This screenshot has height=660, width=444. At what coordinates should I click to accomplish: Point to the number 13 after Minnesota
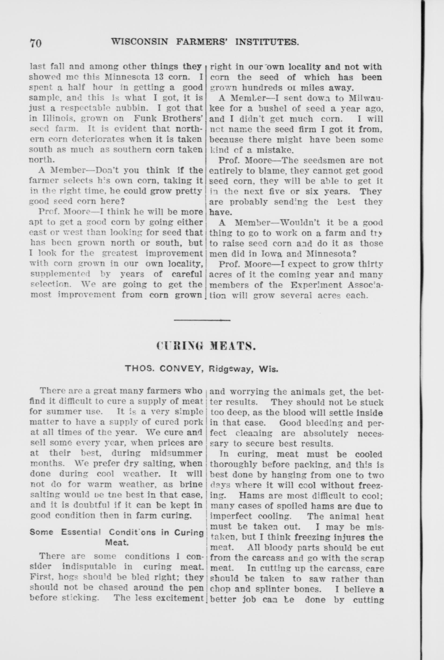(x=155, y=77)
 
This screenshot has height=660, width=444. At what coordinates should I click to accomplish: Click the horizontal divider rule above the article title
(x=202, y=320)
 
